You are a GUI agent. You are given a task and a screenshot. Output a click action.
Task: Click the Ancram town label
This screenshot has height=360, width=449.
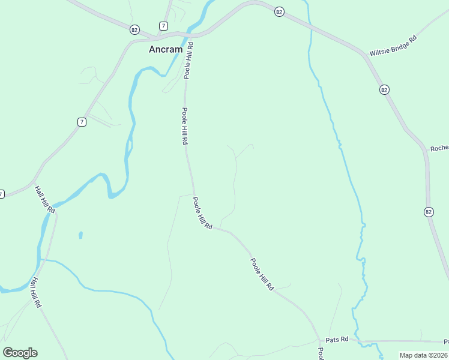(x=166, y=50)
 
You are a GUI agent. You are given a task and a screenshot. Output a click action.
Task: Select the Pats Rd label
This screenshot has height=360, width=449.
(x=337, y=340)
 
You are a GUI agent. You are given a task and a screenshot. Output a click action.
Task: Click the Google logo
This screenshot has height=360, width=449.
(x=20, y=353)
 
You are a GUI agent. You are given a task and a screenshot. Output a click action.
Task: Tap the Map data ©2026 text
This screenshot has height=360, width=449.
(x=423, y=355)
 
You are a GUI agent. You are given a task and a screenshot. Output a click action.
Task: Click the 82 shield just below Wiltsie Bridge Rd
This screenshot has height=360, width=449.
(x=384, y=89)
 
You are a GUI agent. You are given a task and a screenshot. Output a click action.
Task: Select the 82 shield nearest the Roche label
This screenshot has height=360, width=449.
(x=428, y=211)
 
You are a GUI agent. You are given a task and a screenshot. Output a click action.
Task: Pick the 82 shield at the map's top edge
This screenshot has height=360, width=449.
(x=279, y=12)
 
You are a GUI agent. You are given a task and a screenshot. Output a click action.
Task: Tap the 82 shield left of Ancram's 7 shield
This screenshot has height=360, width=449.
(x=134, y=29)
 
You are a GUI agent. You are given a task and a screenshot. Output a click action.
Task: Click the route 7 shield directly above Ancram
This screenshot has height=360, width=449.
(x=163, y=26)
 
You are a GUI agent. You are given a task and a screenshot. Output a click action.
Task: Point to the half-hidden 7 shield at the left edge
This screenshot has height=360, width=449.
(x=2, y=194)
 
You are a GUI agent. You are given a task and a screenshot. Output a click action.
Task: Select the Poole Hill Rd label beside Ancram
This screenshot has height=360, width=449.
(x=188, y=61)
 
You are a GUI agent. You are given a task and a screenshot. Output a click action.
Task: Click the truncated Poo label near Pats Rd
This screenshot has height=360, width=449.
(x=321, y=353)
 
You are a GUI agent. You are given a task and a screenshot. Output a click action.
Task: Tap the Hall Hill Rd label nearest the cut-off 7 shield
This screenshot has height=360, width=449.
(x=45, y=200)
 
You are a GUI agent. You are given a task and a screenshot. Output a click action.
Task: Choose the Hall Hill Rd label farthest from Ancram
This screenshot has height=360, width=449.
(x=37, y=293)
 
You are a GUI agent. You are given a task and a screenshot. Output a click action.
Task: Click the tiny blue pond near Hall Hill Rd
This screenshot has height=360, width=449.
(x=80, y=235)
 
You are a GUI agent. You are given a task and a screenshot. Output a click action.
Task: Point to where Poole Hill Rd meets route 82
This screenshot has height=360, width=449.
(x=191, y=34)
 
